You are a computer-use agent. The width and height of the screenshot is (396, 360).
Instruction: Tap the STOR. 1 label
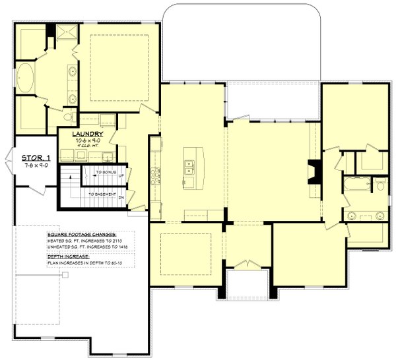pos(36,158)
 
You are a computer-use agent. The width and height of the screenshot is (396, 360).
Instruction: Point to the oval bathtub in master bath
pos(28,79)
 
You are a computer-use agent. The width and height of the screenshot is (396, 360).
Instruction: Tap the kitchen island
pos(193,168)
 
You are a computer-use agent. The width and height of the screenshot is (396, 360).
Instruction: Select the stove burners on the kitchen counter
pos(154,176)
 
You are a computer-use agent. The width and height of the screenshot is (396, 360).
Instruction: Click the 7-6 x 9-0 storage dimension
pos(36,165)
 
